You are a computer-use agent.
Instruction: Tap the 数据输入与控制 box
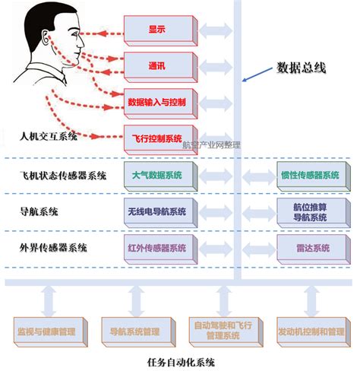coord(156,101)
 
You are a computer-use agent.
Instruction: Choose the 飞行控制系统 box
coord(156,138)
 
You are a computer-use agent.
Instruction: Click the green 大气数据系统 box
coord(156,175)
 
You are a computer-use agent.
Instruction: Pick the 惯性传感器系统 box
coord(309,175)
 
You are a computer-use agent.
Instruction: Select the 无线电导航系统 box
coord(156,211)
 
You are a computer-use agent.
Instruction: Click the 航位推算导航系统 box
coord(309,211)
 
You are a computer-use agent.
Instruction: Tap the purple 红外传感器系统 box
coord(156,248)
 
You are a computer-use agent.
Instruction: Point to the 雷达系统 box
coord(309,248)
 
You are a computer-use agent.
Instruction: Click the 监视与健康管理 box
coord(46,331)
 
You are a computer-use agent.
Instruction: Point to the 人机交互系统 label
coord(49,137)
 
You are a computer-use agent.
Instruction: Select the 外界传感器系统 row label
coord(53,248)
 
